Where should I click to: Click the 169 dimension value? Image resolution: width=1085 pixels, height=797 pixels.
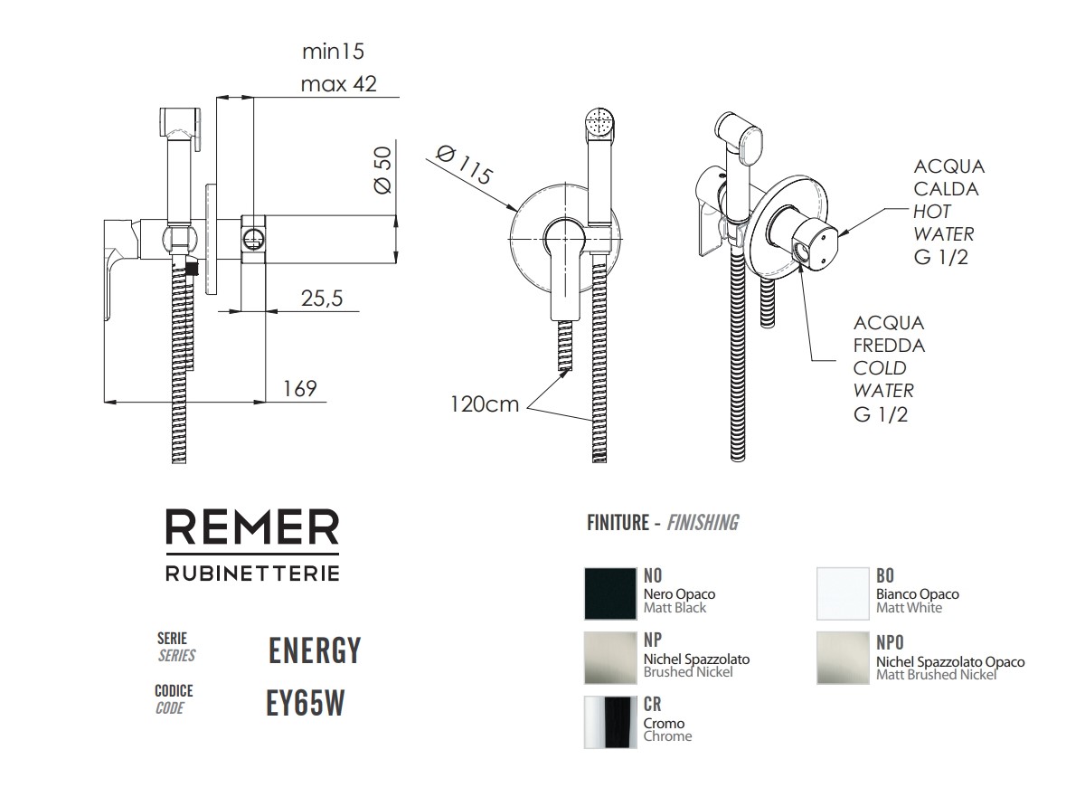(299, 388)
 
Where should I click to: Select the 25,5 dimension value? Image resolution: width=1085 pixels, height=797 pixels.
(321, 299)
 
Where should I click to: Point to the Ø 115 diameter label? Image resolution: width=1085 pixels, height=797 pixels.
(463, 165)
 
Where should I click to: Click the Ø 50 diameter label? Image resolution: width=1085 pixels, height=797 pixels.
(382, 170)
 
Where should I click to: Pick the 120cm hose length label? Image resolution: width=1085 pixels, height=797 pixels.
(486, 403)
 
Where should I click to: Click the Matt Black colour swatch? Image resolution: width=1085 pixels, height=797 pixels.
(610, 593)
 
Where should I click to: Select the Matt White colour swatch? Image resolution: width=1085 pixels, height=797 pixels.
(843, 593)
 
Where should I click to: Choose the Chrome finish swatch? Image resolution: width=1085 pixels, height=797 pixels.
(610, 722)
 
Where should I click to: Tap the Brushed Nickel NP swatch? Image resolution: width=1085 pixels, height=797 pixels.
(610, 658)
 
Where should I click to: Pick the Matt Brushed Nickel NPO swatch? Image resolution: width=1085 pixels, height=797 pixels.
(843, 658)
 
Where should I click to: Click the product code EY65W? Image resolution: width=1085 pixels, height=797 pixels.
(306, 704)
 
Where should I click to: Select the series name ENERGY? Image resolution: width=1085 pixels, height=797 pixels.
(315, 650)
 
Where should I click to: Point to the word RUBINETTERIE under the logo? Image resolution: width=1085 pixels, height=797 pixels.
(252, 573)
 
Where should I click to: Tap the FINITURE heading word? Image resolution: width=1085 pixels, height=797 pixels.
(618, 523)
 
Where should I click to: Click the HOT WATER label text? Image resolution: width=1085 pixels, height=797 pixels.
(944, 223)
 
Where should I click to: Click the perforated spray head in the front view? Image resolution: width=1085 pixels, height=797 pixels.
(599, 121)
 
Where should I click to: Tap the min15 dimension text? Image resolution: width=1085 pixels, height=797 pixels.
(333, 51)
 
